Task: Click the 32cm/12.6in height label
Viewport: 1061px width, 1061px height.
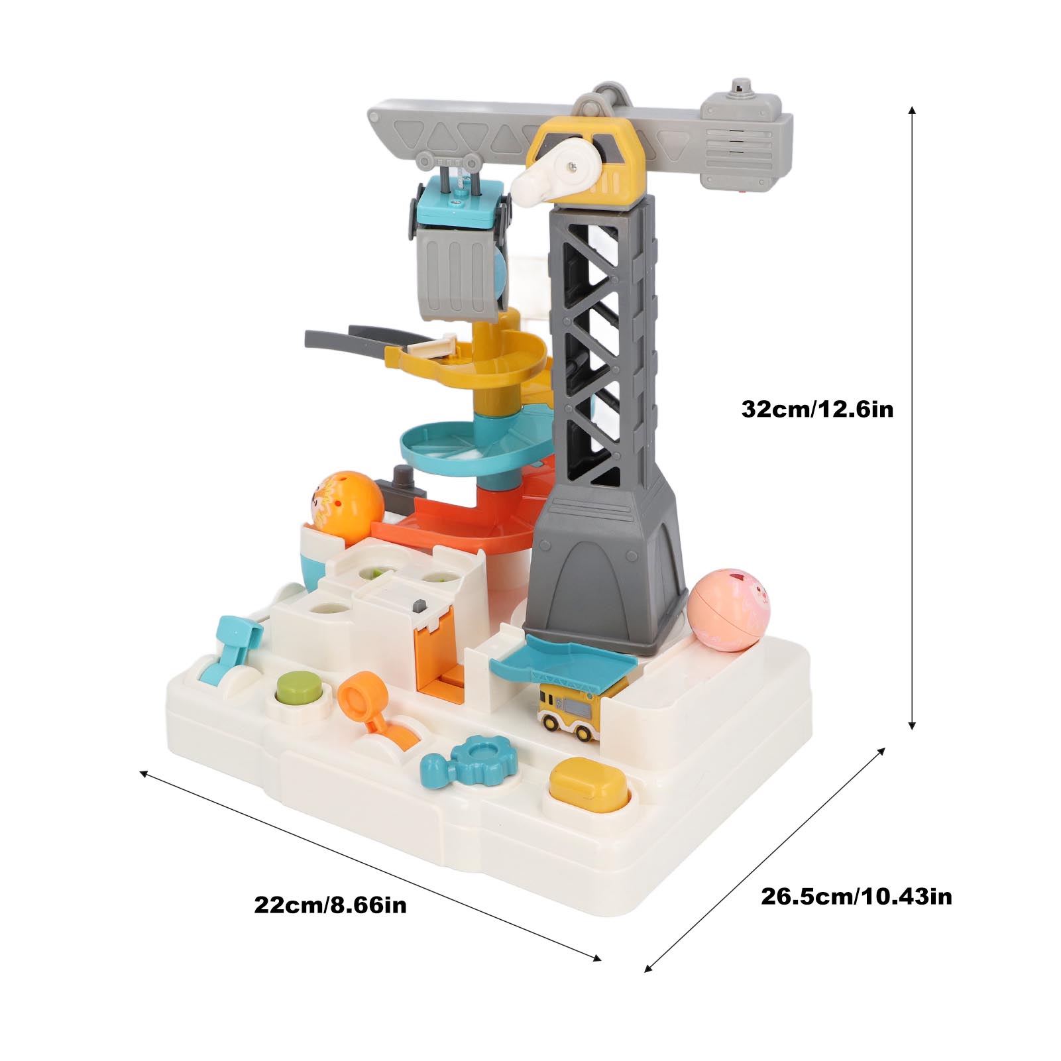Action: coord(816,409)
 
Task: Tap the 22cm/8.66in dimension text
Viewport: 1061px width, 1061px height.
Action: coord(330,905)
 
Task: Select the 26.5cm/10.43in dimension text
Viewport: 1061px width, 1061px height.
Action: coord(856,896)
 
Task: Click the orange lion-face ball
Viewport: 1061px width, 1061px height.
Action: coord(347,498)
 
